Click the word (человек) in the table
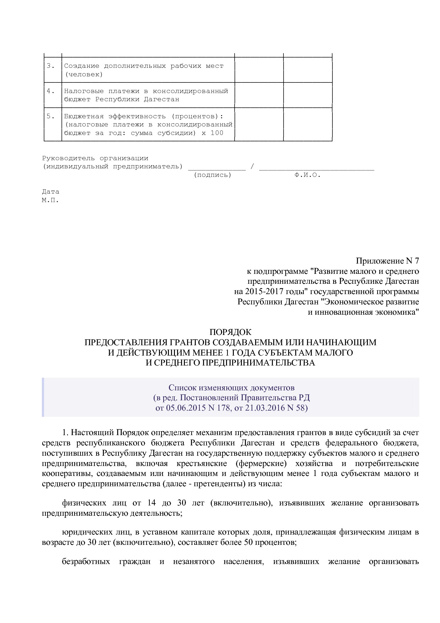84,75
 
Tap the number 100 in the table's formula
217,133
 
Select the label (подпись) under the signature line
213,175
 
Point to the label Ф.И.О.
307,175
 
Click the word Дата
51,192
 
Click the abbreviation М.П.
50,200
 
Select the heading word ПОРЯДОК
230,332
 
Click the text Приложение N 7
387,261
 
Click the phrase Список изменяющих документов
231,388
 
